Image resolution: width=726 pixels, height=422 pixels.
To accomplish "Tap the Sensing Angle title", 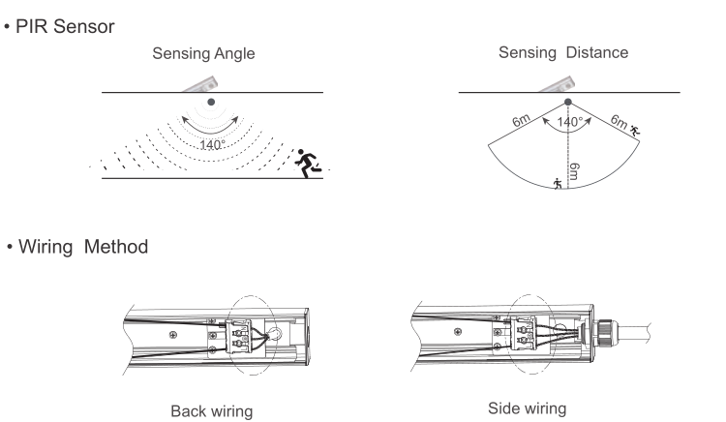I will click(x=210, y=54).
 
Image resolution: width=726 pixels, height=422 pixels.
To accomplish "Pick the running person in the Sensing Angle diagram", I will click(x=309, y=161).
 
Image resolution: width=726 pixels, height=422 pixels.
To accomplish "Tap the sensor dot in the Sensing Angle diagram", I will click(x=211, y=102).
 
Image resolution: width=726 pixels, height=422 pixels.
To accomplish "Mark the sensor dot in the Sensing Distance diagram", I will click(x=567, y=101).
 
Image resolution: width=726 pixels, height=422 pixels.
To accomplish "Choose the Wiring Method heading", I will click(x=82, y=248).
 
